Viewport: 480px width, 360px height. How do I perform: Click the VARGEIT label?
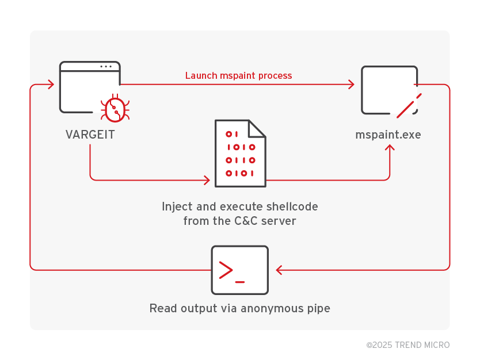(x=90, y=135)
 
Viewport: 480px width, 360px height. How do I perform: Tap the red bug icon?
(x=115, y=109)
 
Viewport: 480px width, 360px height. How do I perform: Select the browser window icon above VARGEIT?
(x=90, y=86)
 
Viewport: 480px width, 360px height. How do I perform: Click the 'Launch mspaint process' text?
(x=238, y=76)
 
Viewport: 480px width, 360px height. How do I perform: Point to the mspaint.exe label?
(x=388, y=135)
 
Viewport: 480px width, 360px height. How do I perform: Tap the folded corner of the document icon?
(x=257, y=128)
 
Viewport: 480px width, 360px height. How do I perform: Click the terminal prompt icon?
(x=239, y=270)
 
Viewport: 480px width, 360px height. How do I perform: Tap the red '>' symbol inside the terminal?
(x=226, y=270)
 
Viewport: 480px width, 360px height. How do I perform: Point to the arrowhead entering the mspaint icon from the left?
(x=351, y=85)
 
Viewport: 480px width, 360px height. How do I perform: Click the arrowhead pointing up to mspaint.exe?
(x=390, y=148)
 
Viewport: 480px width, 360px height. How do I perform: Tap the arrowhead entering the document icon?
(x=207, y=180)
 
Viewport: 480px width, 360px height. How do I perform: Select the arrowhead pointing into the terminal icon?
(x=279, y=270)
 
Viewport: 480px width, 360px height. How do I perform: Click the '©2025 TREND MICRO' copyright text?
(x=407, y=345)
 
